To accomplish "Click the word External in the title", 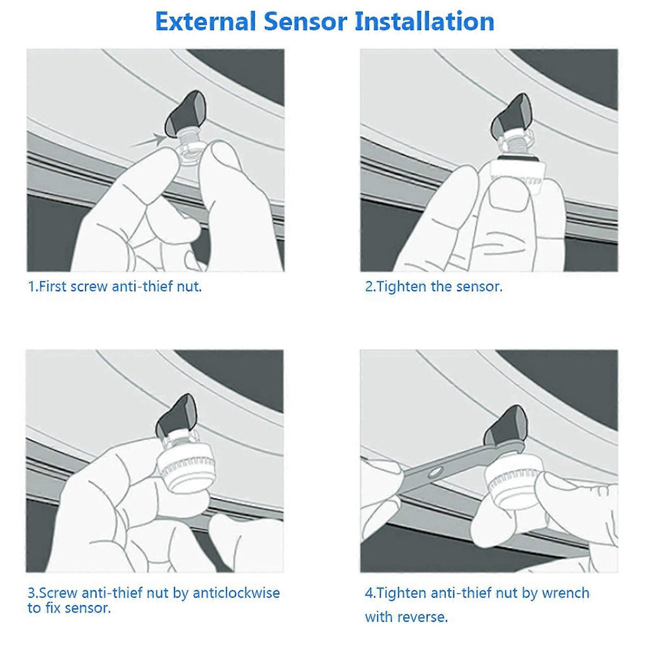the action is (206, 22).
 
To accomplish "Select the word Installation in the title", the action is (425, 22).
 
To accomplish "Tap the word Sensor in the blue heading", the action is (305, 22).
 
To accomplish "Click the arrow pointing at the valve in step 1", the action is (147, 140).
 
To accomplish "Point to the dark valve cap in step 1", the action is (185, 113).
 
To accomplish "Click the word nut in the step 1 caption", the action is (189, 287).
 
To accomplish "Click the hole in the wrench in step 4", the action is (435, 472).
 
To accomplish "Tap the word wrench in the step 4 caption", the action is (566, 593).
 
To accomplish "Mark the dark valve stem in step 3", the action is (176, 415).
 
